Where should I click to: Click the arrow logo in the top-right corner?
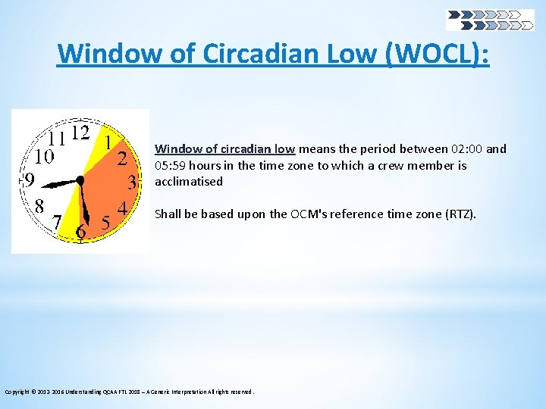pos(489,20)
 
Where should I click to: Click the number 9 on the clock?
pos(28,180)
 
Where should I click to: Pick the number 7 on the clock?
pos(56,221)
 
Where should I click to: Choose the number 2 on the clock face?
pos(121,158)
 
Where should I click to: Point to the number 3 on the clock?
pos(132,183)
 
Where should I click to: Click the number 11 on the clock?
pos(56,139)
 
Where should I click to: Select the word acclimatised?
pos(189,181)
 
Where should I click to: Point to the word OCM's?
pos(309,214)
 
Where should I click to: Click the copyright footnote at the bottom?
pos(130,392)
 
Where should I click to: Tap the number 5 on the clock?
pos(105,222)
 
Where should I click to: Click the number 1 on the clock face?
pos(108,142)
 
